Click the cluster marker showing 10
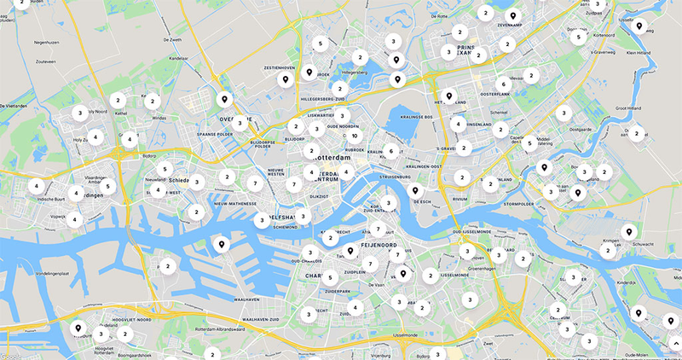coord(354,136)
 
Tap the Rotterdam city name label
coord(332,159)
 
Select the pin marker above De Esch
coord(415,191)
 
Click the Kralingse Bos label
coord(417,117)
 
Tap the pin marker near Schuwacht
coord(628,230)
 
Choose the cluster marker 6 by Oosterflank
coord(503,84)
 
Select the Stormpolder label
coord(523,205)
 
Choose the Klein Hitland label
coord(639,52)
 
